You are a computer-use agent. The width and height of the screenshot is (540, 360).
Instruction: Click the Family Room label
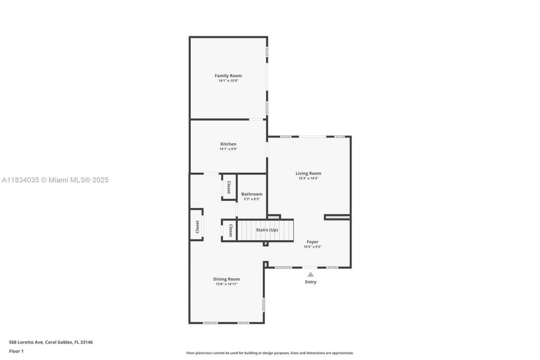228,76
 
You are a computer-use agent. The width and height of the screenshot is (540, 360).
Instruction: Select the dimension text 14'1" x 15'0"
228,81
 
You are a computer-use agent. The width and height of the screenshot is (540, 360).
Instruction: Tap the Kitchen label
228,144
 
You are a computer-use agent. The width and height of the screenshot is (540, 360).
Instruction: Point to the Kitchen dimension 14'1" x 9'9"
228,149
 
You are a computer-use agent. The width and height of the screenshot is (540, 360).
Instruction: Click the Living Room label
308,173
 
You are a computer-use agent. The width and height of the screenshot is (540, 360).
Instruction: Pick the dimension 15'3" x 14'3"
308,178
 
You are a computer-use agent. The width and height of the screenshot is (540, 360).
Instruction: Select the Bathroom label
252,194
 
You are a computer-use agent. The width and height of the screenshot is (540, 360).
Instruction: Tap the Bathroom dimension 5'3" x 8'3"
252,199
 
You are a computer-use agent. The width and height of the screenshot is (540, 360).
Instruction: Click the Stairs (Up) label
267,230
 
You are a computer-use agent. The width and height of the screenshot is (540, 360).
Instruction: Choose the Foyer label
313,242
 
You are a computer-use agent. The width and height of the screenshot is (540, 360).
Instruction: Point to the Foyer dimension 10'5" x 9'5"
313,247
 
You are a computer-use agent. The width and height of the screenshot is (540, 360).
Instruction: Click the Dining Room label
227,279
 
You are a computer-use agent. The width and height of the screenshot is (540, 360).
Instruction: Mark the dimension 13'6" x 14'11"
227,284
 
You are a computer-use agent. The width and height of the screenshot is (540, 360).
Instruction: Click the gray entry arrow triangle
310,274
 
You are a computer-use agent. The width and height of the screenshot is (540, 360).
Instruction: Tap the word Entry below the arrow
310,282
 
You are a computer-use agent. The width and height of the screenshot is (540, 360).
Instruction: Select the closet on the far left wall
197,227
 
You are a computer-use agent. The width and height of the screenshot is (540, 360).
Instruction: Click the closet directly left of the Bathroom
229,187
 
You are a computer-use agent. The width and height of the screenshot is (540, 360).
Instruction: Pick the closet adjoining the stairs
230,230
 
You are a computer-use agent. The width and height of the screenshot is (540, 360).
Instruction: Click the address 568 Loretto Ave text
51,342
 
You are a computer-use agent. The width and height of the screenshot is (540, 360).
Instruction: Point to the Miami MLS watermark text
55,180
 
